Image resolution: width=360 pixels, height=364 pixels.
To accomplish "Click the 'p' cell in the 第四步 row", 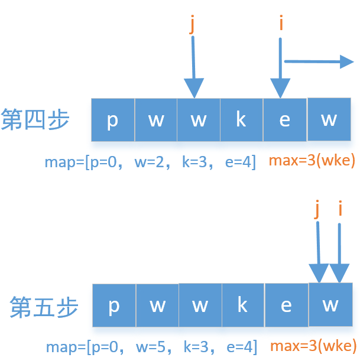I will click(112, 120).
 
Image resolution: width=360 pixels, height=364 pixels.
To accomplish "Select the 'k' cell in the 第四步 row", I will click(241, 120).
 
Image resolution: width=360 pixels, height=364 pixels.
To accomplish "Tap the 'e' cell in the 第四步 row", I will click(284, 120).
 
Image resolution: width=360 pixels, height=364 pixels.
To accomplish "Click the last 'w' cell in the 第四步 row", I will click(329, 119).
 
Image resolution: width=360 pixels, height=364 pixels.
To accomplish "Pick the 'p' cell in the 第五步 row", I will click(114, 305).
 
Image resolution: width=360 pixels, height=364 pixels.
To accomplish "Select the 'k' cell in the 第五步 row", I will click(242, 305).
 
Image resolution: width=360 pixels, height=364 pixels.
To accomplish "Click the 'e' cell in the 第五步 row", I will click(286, 305).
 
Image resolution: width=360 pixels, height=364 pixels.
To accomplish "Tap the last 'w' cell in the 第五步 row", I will click(330, 304).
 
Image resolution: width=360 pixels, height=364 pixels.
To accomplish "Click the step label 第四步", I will click(35, 120).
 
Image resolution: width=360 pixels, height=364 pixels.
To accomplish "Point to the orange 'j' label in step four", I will click(192, 24).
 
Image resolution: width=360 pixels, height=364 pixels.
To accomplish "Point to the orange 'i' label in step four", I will click(281, 24).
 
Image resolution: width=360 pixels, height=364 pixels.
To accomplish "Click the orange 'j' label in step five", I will click(318, 208).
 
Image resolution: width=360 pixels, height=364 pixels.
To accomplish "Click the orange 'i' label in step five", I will click(340, 208).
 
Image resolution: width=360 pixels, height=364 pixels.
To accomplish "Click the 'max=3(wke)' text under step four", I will click(311, 161).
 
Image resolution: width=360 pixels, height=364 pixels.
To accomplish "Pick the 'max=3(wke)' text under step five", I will click(313, 346).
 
